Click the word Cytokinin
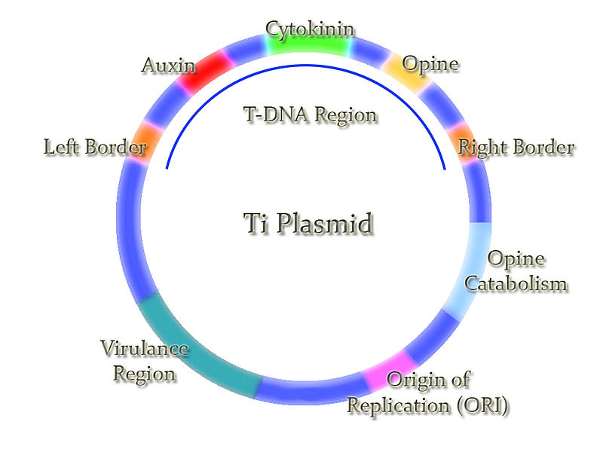coord(310,29)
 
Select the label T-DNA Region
coord(309,115)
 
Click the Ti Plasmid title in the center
coord(309,224)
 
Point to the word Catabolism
coord(516,283)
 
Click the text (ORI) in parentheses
coord(482,405)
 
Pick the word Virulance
coord(144,349)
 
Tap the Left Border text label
coord(94,147)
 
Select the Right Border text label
coord(516,147)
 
